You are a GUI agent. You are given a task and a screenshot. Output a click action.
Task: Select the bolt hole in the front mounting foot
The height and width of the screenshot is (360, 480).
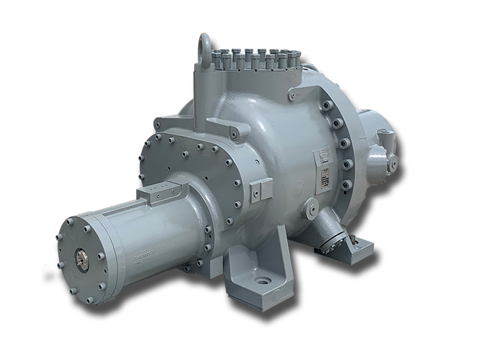pos(262,280)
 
